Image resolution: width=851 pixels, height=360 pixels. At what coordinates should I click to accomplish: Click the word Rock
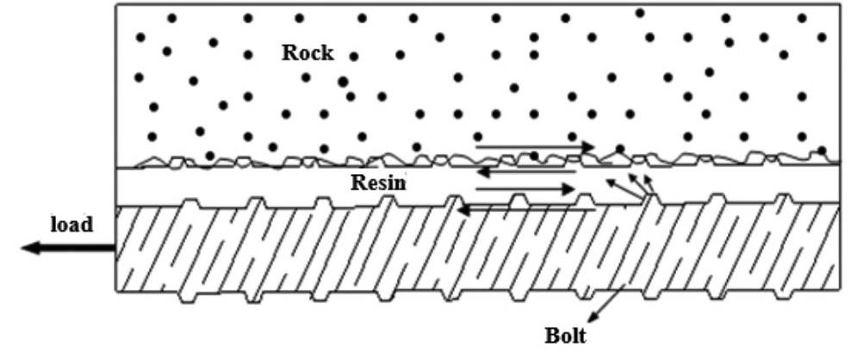pyautogui.click(x=307, y=52)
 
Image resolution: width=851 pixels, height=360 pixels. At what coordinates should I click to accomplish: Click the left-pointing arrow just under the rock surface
pyautogui.click(x=525, y=172)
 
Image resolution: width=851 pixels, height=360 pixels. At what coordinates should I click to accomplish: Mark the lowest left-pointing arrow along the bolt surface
pyautogui.click(x=525, y=208)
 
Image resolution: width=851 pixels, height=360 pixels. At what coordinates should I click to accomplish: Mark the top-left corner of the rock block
pyautogui.click(x=116, y=5)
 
